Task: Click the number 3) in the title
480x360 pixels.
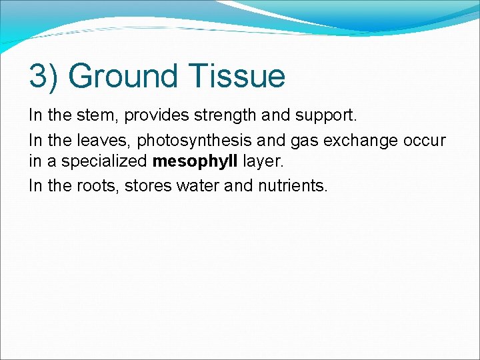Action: click(44, 77)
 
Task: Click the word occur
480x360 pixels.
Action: click(425, 141)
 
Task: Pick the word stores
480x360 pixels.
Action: click(148, 186)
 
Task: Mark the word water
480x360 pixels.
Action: click(198, 186)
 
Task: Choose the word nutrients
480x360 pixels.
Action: click(291, 186)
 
